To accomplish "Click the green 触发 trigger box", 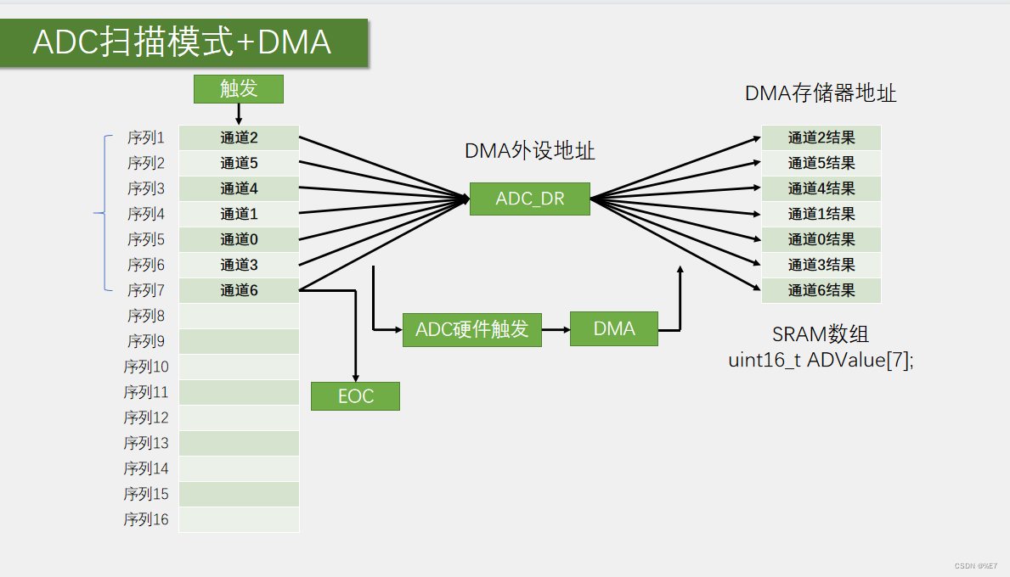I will (x=238, y=88).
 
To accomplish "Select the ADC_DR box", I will (x=529, y=199).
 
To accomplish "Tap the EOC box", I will (x=355, y=396).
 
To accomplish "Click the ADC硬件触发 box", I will (x=471, y=329).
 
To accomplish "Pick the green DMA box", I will (x=614, y=328).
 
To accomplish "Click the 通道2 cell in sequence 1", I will (x=239, y=137).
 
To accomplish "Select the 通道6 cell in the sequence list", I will (x=239, y=290).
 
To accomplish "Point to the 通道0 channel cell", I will (x=239, y=239).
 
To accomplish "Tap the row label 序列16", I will (x=146, y=519).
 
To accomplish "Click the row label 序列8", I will (x=146, y=316).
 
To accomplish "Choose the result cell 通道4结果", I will (x=821, y=188).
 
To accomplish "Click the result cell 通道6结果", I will (x=821, y=290).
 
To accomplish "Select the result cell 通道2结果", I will (x=821, y=137).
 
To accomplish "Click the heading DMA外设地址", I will (x=529, y=151).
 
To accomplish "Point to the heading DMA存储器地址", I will (x=821, y=93).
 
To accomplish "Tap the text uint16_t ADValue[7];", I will (x=821, y=360).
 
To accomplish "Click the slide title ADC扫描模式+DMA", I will (x=182, y=42).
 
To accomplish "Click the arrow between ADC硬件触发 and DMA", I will (x=556, y=329).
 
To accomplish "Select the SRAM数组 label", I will (x=821, y=334).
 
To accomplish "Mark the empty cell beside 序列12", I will (x=239, y=417).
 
